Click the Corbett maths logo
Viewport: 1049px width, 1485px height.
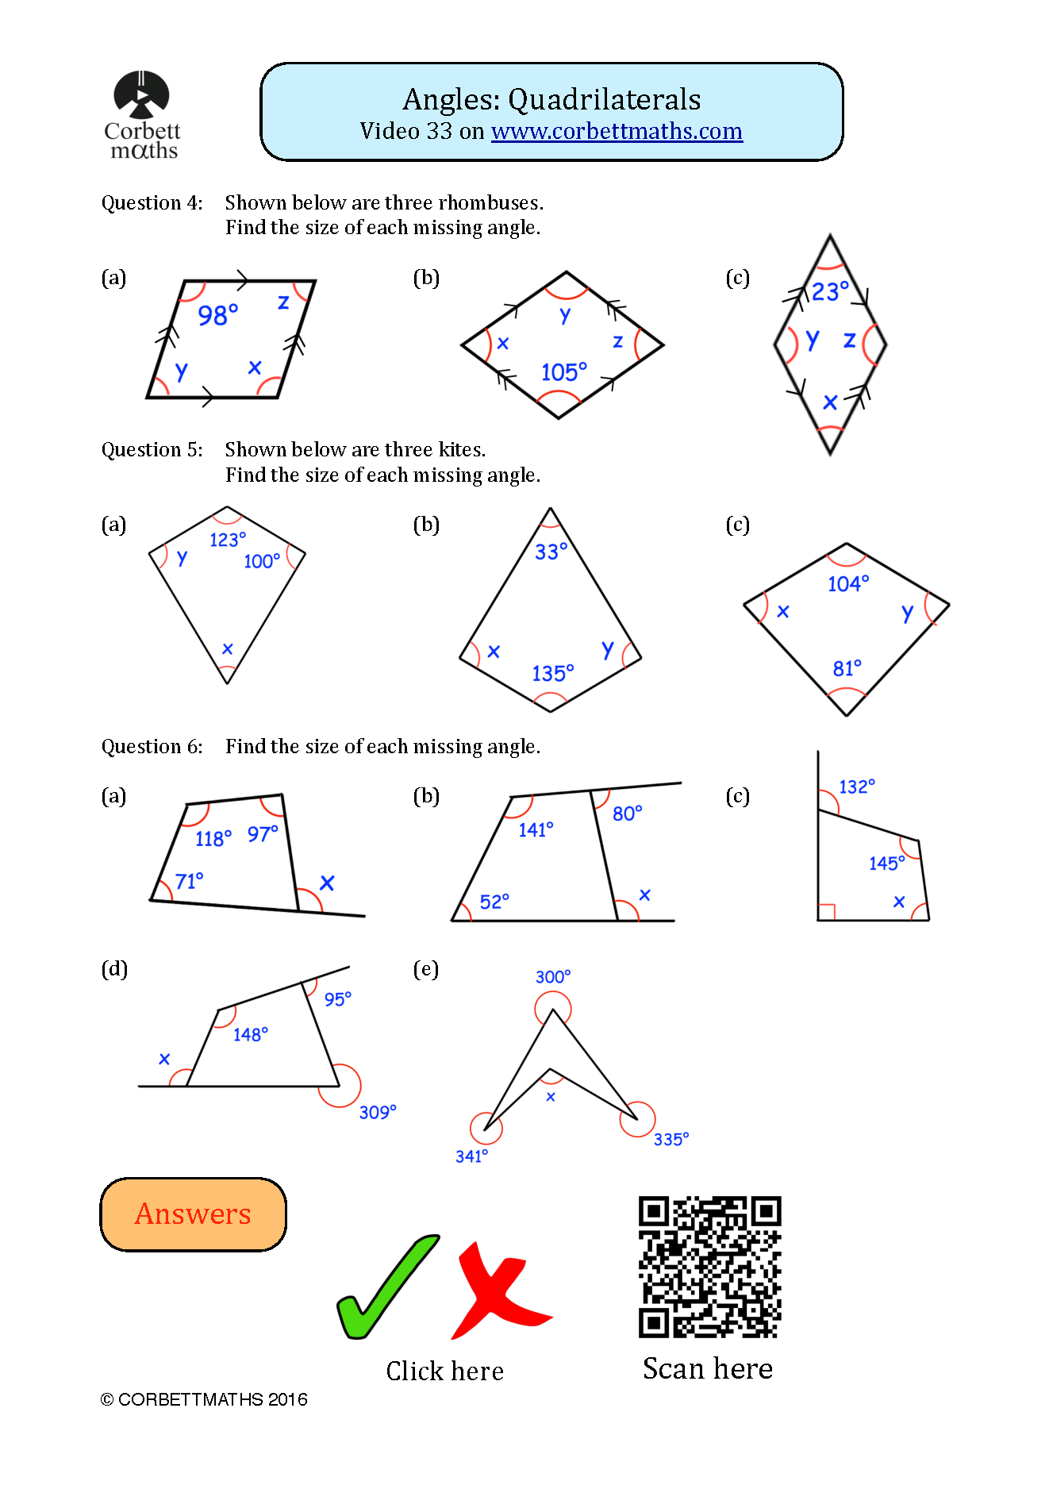click(142, 115)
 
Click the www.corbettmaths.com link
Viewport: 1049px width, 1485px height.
click(617, 131)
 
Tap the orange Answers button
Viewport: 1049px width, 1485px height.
click(193, 1214)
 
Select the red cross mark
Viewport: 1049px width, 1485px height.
click(498, 1291)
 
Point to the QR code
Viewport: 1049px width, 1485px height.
click(709, 1267)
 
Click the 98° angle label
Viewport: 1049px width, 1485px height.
click(217, 315)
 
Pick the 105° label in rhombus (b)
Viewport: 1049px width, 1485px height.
click(563, 371)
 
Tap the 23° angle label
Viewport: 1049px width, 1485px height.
click(829, 291)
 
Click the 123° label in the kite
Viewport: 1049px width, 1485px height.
click(228, 540)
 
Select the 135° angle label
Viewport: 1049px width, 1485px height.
click(552, 673)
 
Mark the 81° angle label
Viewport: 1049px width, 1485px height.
click(847, 668)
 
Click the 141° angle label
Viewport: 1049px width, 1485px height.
click(536, 829)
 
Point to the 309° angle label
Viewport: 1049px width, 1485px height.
click(377, 1112)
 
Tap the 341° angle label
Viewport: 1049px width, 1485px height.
click(471, 1156)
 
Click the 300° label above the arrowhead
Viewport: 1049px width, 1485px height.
click(552, 976)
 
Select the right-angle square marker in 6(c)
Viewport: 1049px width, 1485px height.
click(826, 912)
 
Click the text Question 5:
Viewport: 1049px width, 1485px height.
click(152, 450)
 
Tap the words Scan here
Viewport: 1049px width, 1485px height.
click(707, 1368)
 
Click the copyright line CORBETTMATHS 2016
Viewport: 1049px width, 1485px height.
click(204, 1399)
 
